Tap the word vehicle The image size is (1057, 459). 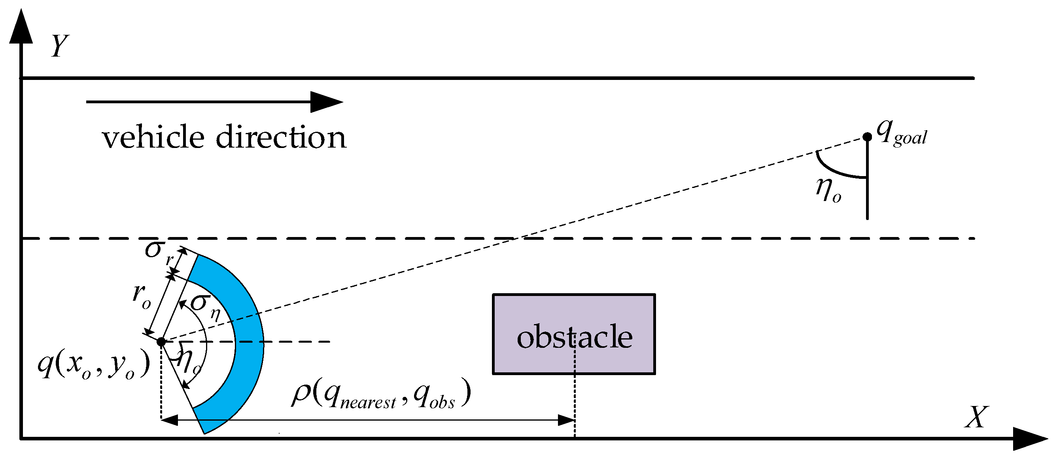153,137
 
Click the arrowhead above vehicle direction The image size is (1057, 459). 326,102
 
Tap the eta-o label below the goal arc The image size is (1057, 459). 828,190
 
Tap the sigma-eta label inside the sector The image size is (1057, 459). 205,306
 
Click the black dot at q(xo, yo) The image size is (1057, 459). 161,341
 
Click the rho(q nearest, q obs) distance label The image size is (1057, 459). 381,395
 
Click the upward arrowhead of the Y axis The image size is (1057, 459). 21,27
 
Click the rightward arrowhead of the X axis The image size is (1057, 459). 1029,439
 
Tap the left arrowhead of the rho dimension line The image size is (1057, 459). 170,420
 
